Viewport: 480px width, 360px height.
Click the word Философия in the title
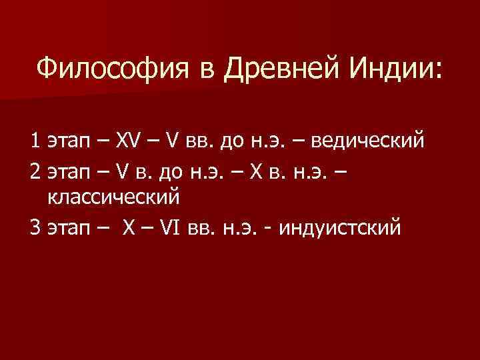click(115, 68)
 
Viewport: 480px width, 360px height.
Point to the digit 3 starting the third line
click(35, 228)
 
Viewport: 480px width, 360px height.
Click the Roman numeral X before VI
click(129, 228)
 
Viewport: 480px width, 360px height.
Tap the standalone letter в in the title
click(211, 68)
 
